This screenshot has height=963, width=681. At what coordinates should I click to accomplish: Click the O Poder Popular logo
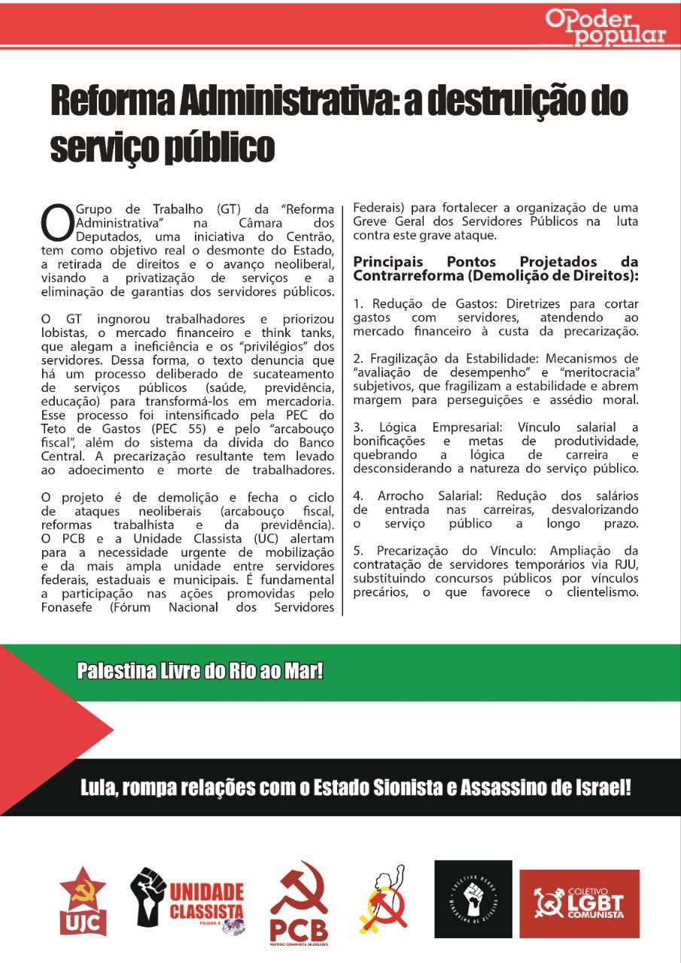(606, 29)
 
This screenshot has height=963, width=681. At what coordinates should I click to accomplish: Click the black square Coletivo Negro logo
(473, 899)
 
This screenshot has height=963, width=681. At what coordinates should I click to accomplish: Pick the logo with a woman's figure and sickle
(384, 900)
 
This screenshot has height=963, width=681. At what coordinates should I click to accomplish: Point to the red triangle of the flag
(45, 730)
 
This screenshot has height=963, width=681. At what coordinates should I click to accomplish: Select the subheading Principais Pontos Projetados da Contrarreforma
(495, 269)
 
